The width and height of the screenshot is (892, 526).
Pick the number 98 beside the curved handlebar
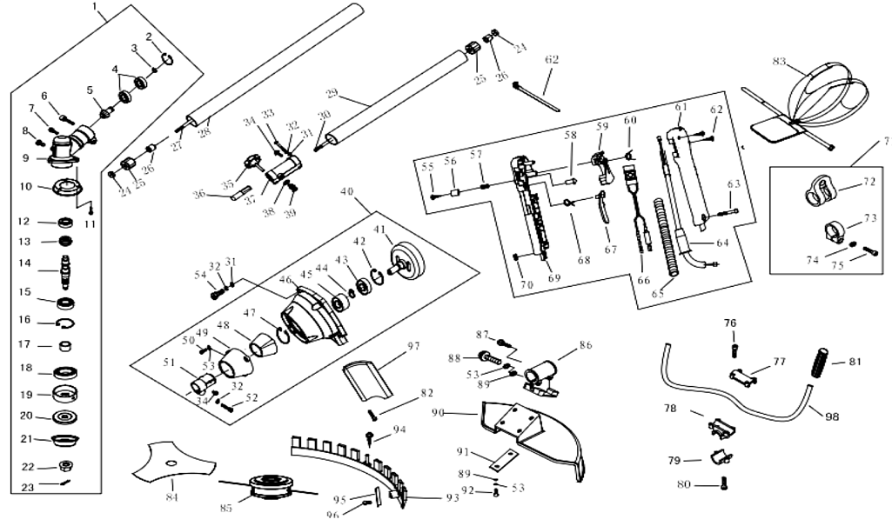(832, 416)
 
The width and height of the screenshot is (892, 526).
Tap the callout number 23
(27, 488)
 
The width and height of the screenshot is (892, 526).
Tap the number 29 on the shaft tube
(332, 94)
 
